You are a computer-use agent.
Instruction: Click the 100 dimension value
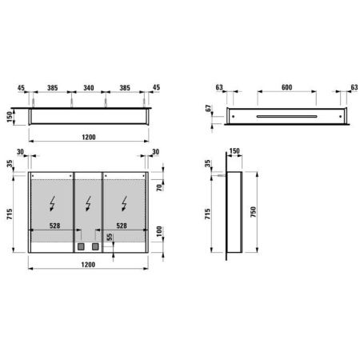pos(161,232)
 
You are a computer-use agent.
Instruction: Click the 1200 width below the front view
pos(88,272)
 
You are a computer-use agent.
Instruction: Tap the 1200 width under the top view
pos(88,136)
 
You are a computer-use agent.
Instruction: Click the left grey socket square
pos(82,247)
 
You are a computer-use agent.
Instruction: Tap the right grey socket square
pos(94,247)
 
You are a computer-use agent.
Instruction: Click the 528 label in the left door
pos(54,226)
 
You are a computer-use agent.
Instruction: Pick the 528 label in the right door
pos(122,226)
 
